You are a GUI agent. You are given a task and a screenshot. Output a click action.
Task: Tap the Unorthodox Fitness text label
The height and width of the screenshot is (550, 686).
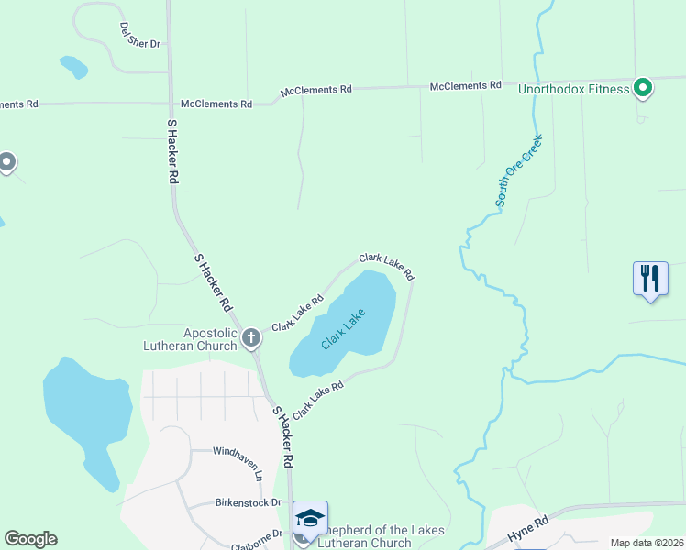pos(574,89)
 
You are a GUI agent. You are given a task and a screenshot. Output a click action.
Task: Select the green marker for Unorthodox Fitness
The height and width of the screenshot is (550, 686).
pos(644,88)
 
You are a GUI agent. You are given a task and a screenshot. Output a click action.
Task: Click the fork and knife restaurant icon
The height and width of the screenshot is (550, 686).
pos(650,279)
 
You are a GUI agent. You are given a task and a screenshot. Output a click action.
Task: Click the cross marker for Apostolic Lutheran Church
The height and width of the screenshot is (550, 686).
pos(251,338)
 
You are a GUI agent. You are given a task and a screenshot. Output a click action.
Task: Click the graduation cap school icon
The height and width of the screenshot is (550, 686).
pos(310,519)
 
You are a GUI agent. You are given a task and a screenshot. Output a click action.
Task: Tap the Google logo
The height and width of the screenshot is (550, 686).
pos(30,539)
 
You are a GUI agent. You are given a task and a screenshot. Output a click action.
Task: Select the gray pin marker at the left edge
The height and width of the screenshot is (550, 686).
pos(6,163)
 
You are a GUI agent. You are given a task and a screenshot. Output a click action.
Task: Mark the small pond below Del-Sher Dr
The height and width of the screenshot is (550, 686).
pos(73,67)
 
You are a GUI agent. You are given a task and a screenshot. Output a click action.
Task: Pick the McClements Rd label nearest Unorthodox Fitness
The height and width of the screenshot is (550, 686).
pos(465,86)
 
